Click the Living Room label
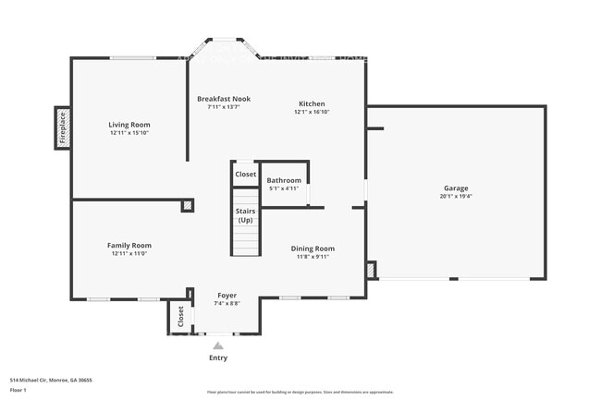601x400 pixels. [x=129, y=124]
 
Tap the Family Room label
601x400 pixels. [x=129, y=245]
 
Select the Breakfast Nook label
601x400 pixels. [x=223, y=99]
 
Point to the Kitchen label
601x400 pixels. [x=312, y=103]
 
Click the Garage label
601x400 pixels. [x=454, y=188]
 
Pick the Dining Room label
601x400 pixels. [x=313, y=248]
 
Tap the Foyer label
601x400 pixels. [x=227, y=295]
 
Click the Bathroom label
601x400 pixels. [x=284, y=180]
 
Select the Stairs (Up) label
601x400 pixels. [x=245, y=215]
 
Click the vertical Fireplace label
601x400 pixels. [x=63, y=127]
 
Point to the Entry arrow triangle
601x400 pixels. [x=218, y=345]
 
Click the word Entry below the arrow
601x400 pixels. [x=218, y=358]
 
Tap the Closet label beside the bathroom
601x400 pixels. [x=245, y=174]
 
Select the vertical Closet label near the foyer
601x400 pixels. [x=180, y=317]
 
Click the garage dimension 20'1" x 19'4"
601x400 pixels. [x=454, y=197]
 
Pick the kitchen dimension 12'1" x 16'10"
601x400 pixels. [x=312, y=112]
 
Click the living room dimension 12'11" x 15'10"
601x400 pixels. [x=129, y=132]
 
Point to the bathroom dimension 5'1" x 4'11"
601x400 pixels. [x=284, y=188]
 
